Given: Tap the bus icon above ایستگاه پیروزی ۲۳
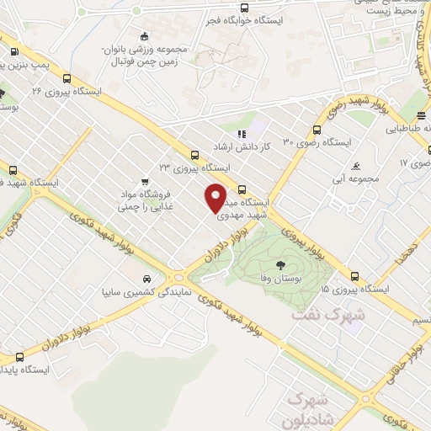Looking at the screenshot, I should (x=195, y=154).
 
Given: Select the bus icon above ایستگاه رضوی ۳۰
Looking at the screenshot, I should (x=317, y=130).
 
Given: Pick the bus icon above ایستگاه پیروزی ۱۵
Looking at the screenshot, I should (x=354, y=275).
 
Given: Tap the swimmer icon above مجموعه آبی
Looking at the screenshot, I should (x=357, y=165).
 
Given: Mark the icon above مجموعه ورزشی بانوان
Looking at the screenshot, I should (x=145, y=36).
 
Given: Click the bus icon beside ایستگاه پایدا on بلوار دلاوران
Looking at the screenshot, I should (x=19, y=357).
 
